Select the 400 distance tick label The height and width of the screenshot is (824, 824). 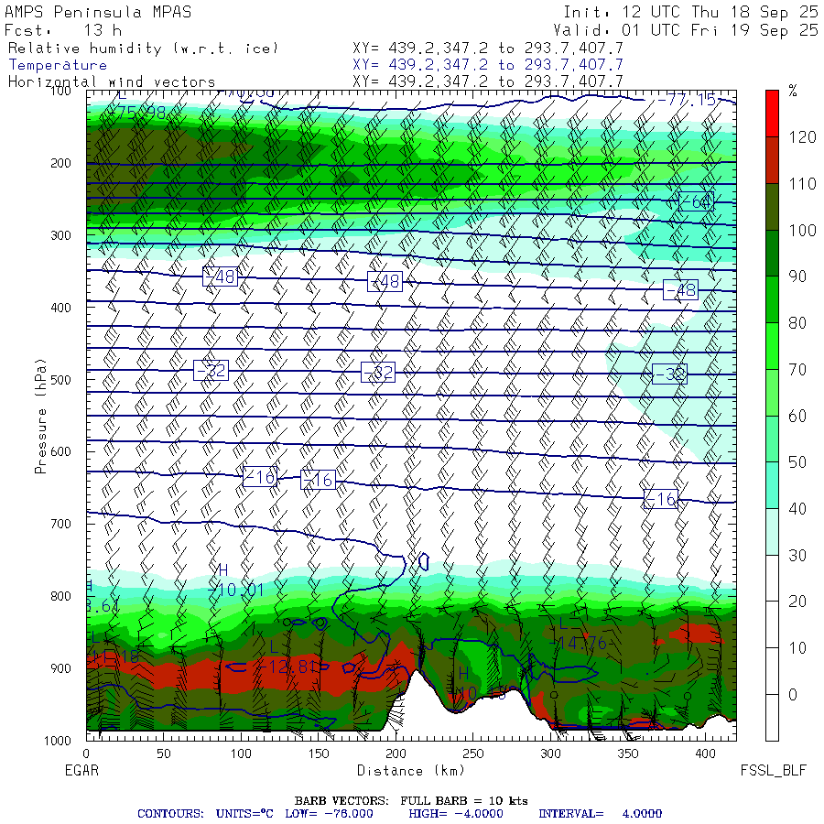point(705,754)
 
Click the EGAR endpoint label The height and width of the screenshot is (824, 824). point(82,771)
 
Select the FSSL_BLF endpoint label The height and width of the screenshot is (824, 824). point(773,771)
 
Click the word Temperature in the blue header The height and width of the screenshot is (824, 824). point(58,65)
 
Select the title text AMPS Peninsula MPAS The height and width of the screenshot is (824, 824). point(85,12)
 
